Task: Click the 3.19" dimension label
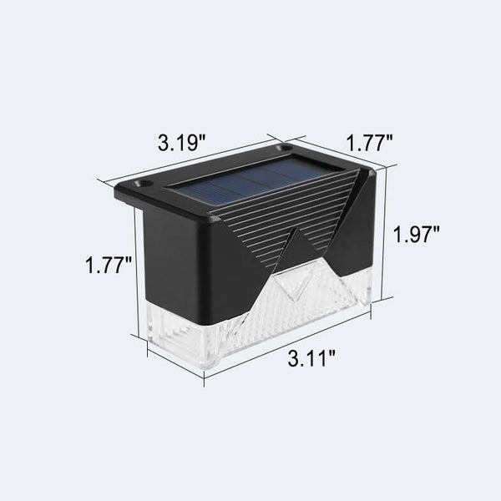[181, 142]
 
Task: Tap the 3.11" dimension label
[311, 358]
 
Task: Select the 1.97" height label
[416, 234]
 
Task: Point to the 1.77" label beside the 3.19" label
[369, 143]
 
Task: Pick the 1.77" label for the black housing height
[109, 265]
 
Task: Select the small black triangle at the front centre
[296, 252]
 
